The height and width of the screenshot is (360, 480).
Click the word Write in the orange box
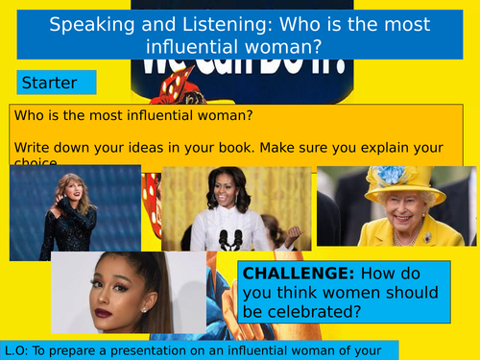32,147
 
